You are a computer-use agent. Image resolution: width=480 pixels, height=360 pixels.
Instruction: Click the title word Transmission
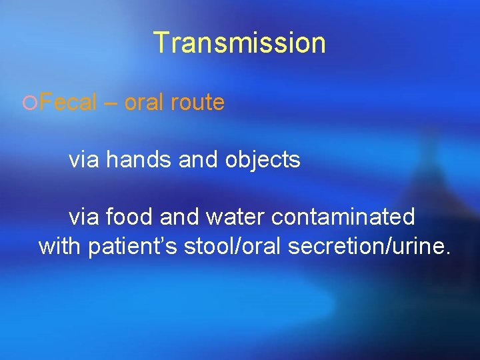coord(239,43)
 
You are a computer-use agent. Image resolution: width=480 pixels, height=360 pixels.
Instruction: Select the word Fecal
coord(67,103)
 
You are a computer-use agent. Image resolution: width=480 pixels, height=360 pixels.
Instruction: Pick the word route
coord(199,103)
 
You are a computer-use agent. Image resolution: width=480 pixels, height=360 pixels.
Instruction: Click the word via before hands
coord(83,159)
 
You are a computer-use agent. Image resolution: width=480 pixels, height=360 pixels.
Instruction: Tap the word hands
coord(137,159)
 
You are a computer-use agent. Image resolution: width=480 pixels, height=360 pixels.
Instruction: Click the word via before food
coord(83,216)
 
